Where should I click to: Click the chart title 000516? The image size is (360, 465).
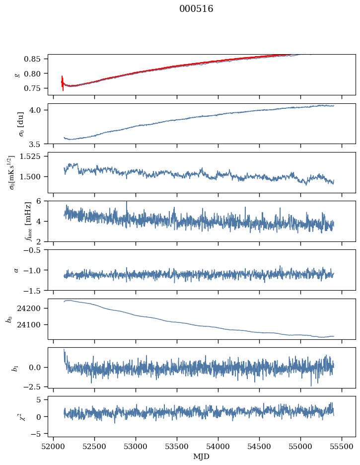pos(196,9)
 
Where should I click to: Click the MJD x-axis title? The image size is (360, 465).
pos(201,457)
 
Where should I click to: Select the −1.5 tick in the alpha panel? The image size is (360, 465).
pos(36,290)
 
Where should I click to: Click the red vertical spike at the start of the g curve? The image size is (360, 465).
pos(63,82)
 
